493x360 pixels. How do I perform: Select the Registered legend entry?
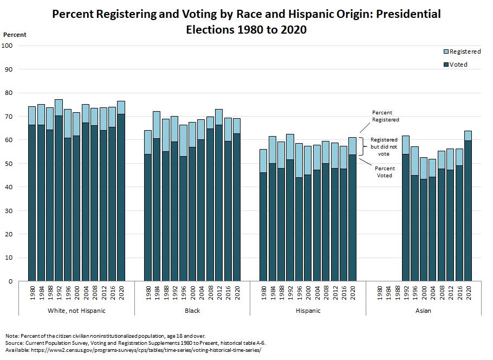pos(464,52)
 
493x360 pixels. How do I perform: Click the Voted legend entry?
pos(458,65)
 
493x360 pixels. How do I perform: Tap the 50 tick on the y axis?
pos(9,164)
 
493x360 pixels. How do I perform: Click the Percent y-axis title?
pos(15,35)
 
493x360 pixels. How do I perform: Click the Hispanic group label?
pos(308,311)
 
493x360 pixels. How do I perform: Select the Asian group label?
pos(423,311)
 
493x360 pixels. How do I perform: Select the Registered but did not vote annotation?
pos(384,146)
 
